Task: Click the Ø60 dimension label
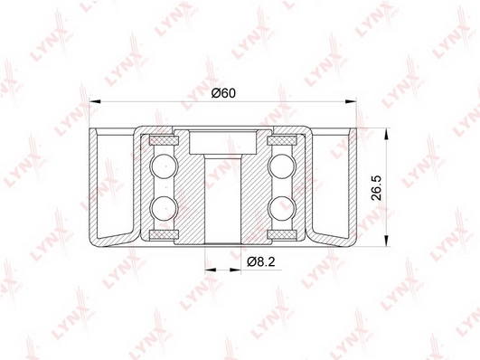point(223,93)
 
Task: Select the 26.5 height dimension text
point(376,188)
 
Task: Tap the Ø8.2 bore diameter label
point(261,261)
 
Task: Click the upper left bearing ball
point(164,166)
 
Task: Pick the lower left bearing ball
point(164,209)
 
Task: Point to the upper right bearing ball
point(282,166)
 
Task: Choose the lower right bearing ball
point(282,209)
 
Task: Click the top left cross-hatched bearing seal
point(165,141)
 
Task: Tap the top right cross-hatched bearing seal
point(282,141)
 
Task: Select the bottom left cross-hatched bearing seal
point(165,234)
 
